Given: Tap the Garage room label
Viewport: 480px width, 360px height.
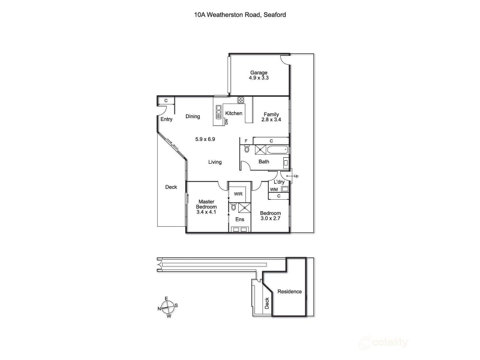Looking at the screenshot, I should (259, 75).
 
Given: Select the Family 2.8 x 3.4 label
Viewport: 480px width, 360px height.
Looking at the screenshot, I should (271, 117).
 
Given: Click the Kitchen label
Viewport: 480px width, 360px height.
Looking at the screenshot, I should (234, 113).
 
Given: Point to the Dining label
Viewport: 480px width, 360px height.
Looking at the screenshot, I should (193, 116).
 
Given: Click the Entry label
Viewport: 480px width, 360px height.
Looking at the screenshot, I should (167, 119).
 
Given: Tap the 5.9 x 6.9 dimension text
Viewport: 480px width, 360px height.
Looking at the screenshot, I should (205, 139).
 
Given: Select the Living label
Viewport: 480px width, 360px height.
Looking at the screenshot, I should (215, 162).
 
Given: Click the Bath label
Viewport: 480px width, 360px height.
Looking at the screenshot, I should (263, 161).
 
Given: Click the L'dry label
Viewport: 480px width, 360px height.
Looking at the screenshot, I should (279, 182).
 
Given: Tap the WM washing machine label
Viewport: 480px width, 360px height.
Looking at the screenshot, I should (274, 190).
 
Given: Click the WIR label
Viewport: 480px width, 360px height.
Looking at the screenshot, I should (238, 194).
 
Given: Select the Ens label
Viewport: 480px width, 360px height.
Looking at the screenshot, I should (239, 220).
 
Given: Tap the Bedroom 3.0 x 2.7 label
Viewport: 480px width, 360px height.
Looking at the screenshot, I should (270, 215).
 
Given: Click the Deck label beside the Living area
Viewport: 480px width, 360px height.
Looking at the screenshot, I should (171, 187).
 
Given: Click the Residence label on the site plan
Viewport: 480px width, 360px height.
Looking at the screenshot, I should (289, 292).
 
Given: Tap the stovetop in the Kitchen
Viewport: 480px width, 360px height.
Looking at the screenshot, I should (241, 100).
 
